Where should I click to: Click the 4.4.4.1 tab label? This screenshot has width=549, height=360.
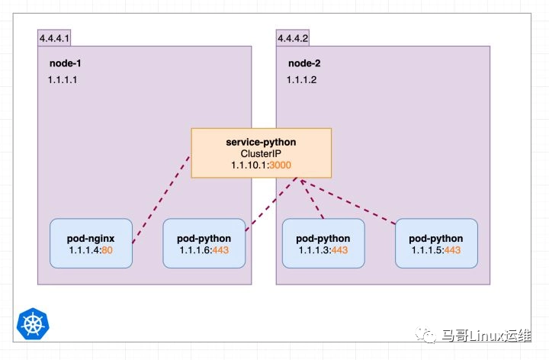click(x=54, y=37)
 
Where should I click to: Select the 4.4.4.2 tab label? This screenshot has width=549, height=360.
click(x=293, y=37)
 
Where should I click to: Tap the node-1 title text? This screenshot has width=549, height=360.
click(x=65, y=63)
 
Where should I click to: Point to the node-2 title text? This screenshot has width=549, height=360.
click(x=304, y=63)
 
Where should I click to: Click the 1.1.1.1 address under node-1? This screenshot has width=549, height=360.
click(x=63, y=79)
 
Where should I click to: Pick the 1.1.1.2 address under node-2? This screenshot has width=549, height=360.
click(x=302, y=79)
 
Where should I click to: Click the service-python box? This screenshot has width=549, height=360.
click(x=261, y=153)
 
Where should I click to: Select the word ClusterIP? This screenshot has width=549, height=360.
click(x=262, y=153)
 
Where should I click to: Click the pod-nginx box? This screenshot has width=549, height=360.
click(x=91, y=243)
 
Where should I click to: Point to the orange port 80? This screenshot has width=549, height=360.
click(x=108, y=250)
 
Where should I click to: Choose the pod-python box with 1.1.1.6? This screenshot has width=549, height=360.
click(x=204, y=243)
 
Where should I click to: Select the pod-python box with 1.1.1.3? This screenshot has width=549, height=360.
click(x=323, y=243)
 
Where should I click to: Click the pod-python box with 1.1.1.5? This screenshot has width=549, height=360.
click(x=436, y=243)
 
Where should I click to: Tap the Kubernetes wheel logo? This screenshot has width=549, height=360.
click(x=32, y=323)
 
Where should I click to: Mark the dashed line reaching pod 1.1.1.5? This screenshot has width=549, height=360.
click(x=351, y=203)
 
